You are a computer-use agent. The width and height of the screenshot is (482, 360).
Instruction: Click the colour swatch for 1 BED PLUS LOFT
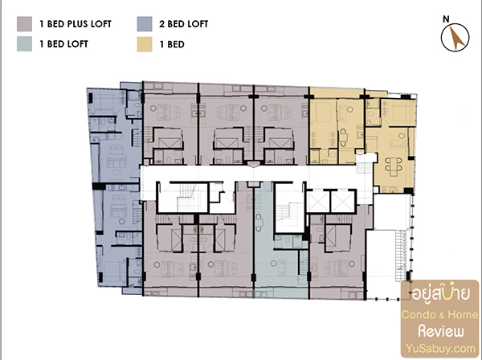24,24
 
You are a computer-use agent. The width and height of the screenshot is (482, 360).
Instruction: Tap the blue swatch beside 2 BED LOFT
145,24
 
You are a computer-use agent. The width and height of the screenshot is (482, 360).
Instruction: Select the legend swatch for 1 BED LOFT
24,44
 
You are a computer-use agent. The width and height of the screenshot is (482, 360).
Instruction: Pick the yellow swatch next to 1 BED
145,44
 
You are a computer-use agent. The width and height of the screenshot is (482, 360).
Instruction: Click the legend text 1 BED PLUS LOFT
76,24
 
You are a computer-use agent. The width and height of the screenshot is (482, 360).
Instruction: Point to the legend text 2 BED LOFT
183,24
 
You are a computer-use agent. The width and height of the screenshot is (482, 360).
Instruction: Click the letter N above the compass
446,19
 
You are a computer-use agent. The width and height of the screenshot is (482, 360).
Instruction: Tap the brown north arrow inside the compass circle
457,38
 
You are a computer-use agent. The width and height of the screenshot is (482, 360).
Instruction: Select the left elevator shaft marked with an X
318,202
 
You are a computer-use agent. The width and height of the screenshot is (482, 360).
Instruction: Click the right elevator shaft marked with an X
343,202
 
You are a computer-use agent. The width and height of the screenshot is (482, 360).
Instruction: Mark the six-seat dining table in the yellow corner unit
394,166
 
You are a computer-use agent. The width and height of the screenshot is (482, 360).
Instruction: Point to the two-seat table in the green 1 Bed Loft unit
259,223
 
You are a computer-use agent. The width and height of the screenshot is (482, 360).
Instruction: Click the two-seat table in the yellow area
343,137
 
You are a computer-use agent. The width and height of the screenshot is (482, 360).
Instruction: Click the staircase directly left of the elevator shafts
288,215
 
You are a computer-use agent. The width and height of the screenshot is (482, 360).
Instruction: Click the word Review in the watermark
441,331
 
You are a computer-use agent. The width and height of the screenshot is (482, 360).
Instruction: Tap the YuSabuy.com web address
440,349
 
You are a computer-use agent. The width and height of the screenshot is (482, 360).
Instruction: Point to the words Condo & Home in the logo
440,314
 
